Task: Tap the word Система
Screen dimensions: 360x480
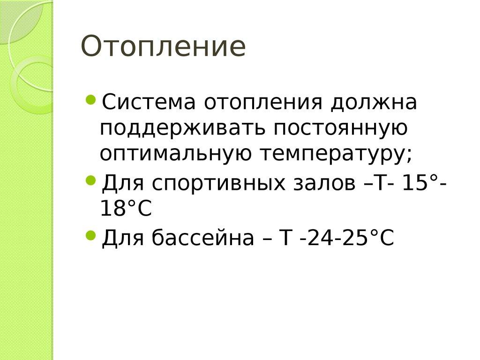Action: (x=147, y=102)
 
